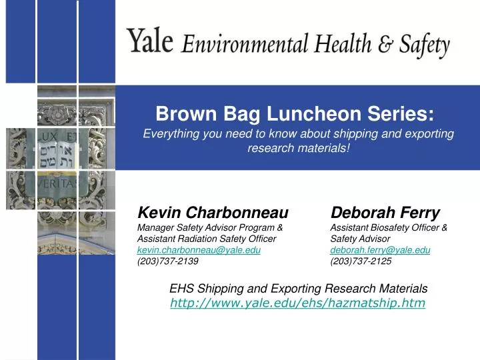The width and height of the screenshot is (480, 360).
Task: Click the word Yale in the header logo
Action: tap(151, 41)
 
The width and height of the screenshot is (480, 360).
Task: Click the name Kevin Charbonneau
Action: tap(213, 213)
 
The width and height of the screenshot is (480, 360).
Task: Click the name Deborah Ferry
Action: tap(385, 213)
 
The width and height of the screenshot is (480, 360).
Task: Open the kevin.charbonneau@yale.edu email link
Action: tap(199, 249)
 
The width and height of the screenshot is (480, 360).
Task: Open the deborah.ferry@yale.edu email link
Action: tap(380, 249)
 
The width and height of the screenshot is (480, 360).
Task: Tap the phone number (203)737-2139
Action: tap(167, 261)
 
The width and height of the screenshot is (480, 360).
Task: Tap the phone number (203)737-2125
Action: tap(361, 261)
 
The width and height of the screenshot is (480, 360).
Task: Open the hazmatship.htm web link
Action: tap(297, 304)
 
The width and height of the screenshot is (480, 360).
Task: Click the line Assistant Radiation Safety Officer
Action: tap(207, 239)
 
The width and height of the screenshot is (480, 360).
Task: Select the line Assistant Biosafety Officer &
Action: tap(389, 227)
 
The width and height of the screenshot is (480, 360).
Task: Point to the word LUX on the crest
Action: tap(48, 137)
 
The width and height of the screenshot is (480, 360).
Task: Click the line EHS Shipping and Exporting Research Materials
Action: tap(298, 289)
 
